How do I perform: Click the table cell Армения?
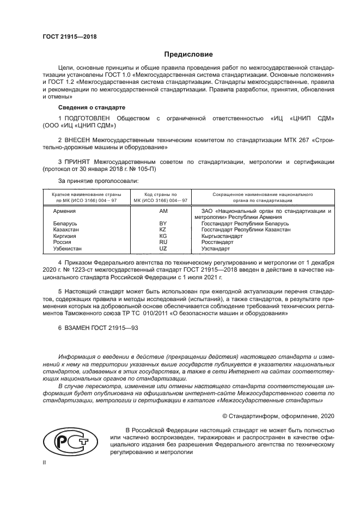tap(64, 210)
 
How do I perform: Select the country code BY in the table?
tap(162, 224)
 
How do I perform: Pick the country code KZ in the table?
tap(162, 230)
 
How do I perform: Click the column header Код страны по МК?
tap(162, 197)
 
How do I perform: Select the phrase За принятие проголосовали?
tap(99, 180)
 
